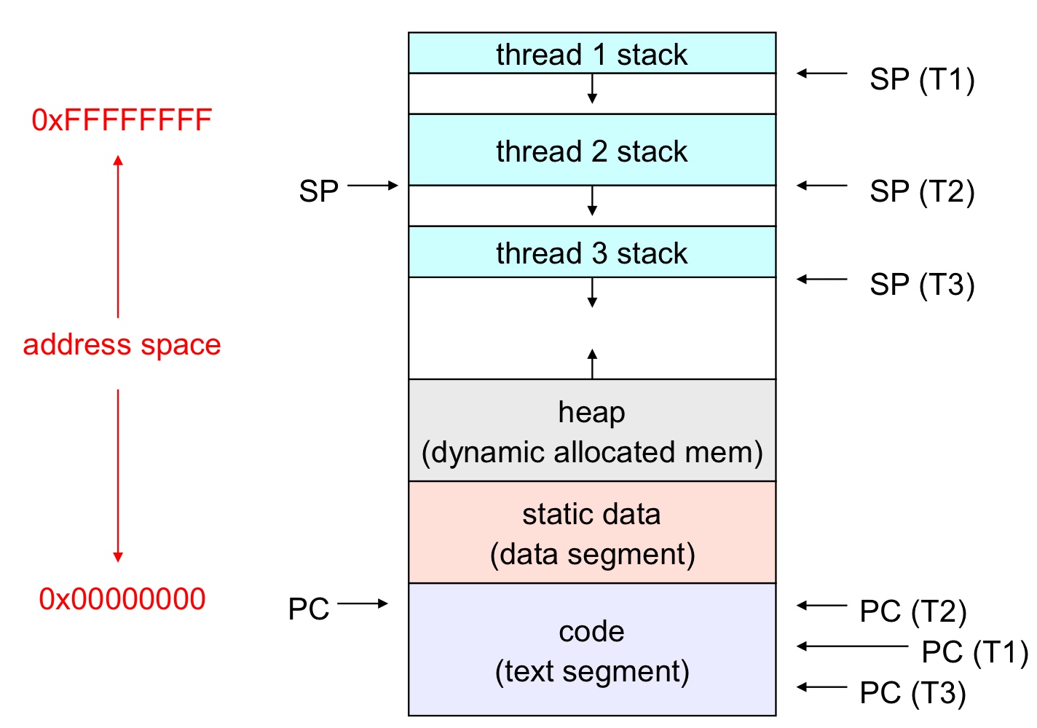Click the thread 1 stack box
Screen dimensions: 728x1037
coord(591,53)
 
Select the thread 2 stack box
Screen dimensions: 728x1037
coord(591,150)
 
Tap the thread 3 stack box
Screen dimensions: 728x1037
coord(591,252)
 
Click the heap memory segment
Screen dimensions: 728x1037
coord(591,431)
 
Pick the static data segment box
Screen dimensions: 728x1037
coord(591,533)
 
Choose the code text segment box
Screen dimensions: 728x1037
coord(591,650)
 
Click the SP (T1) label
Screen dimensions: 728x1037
coord(921,79)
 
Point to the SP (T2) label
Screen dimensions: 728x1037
coord(921,191)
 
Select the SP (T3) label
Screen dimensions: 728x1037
coord(921,285)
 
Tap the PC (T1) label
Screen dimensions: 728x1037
coord(974,652)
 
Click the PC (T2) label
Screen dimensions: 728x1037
coord(912,612)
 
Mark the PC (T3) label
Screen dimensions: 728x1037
coord(912,693)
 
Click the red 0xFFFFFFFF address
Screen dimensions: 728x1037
coord(122,120)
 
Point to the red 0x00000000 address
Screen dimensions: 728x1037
coord(122,599)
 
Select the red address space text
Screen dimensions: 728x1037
coord(122,344)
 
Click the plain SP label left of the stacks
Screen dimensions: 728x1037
coord(319,191)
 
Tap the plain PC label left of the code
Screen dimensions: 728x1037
coord(309,609)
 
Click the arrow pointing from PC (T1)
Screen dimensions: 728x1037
coord(852,646)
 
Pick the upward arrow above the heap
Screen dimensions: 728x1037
coord(592,363)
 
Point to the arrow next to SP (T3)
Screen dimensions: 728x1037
coord(822,279)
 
